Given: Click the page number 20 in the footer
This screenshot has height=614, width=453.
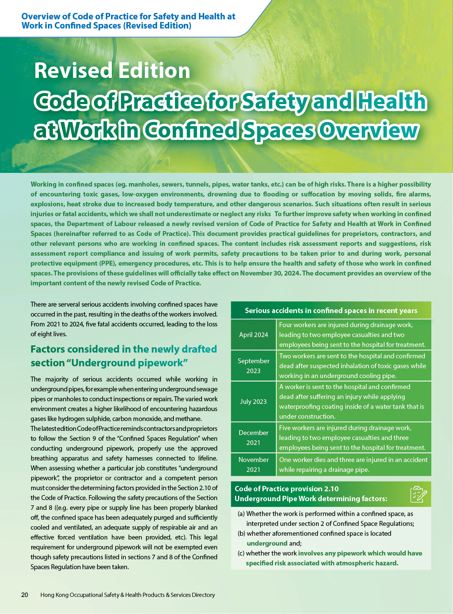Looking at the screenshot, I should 25,595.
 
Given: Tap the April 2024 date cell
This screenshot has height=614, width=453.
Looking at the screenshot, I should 253,335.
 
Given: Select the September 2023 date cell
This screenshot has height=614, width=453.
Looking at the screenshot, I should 253,366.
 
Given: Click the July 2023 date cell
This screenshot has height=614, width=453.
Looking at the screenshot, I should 253,402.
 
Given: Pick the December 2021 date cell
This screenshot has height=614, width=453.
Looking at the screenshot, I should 253,437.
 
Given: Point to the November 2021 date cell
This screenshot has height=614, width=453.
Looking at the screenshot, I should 253,464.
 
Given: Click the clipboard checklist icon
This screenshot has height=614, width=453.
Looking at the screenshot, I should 418,494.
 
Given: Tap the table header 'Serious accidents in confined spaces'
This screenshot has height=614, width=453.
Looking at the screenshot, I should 331,310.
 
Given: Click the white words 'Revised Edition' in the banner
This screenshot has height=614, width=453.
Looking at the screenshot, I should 112,71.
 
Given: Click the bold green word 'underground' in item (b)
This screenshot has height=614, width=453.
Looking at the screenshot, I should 267,543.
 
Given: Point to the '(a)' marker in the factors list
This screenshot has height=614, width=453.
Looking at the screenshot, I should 241,514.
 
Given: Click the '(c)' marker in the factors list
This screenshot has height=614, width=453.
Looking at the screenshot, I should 241,553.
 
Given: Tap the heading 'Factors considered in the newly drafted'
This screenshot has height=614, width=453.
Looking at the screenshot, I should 124,349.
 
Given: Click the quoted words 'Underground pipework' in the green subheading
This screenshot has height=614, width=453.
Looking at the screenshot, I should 127,363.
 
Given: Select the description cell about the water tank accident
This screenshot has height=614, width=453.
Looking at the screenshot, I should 353,402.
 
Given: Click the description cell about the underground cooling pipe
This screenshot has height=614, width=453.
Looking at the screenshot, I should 353,366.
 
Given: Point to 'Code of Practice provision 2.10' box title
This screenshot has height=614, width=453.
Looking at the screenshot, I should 286,489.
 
